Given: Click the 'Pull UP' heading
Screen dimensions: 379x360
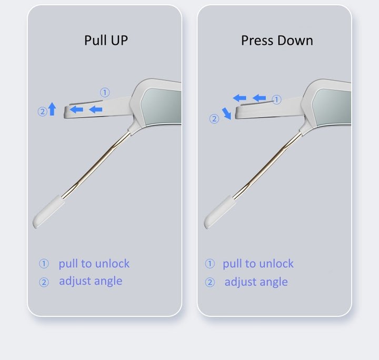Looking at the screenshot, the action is [x=106, y=41].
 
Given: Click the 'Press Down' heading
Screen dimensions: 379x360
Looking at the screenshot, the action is [x=277, y=41].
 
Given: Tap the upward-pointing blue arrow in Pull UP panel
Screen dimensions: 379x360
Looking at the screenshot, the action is [x=52, y=109].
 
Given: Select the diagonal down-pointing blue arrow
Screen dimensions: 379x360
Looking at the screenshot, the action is [x=227, y=114].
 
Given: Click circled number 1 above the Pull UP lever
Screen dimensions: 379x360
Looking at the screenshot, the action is [x=105, y=92].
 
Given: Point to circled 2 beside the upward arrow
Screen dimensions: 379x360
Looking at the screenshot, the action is [x=42, y=112].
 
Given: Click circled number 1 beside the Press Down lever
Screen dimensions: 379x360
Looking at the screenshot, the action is [x=276, y=99].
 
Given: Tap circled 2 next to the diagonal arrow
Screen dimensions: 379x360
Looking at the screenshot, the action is [x=214, y=119].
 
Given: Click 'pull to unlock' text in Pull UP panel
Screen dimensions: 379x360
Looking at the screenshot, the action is [x=94, y=264].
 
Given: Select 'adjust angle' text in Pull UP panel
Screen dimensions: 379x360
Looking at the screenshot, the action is [x=91, y=281].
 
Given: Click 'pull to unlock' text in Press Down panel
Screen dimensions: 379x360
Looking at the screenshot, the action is [x=258, y=264].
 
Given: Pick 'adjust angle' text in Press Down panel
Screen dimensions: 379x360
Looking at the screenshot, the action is [x=256, y=282].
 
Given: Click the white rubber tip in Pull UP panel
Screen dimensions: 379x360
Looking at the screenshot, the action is [x=48, y=212].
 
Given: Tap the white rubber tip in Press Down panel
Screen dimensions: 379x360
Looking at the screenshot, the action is [x=220, y=212].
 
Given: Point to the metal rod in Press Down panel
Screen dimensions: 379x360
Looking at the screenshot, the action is [x=267, y=165].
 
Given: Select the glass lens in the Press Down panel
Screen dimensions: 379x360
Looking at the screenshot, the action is [x=332, y=107].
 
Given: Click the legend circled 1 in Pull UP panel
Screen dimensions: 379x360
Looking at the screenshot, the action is [x=44, y=264].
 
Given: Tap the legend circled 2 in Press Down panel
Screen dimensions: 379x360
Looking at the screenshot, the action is [x=210, y=282].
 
